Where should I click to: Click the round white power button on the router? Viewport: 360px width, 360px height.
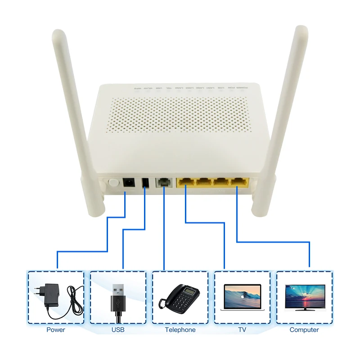click(x=113, y=183)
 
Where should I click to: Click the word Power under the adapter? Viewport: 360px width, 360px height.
click(x=56, y=330)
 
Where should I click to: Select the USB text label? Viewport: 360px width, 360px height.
click(x=118, y=330)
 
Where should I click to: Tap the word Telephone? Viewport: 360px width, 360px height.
click(x=180, y=330)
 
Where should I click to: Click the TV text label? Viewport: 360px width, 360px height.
click(x=242, y=330)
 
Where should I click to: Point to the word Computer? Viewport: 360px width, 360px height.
click(x=304, y=330)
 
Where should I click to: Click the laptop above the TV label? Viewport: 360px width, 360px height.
click(x=242, y=297)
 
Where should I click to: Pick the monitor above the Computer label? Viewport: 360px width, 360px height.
click(x=305, y=297)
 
